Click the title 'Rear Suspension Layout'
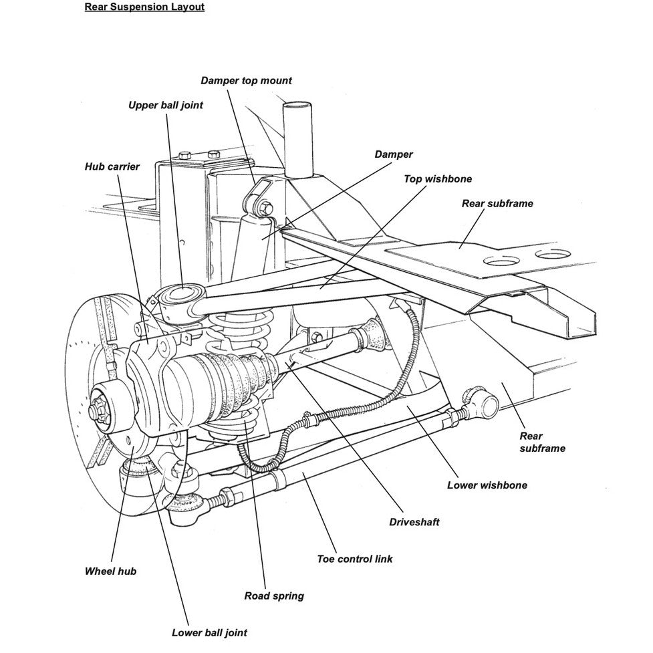pos(144,8)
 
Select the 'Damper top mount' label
pos(246,81)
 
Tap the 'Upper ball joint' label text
pos(166,105)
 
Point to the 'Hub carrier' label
pos(112,166)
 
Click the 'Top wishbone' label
pos(438,179)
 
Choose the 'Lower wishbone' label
pos(487,485)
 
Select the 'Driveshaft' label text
pos(414,522)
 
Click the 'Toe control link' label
pos(355,559)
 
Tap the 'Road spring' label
pos(274,596)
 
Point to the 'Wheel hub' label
pos(110,571)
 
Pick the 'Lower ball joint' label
pos(209,632)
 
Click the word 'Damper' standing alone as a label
pos(394,154)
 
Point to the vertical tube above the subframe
pos(297,137)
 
